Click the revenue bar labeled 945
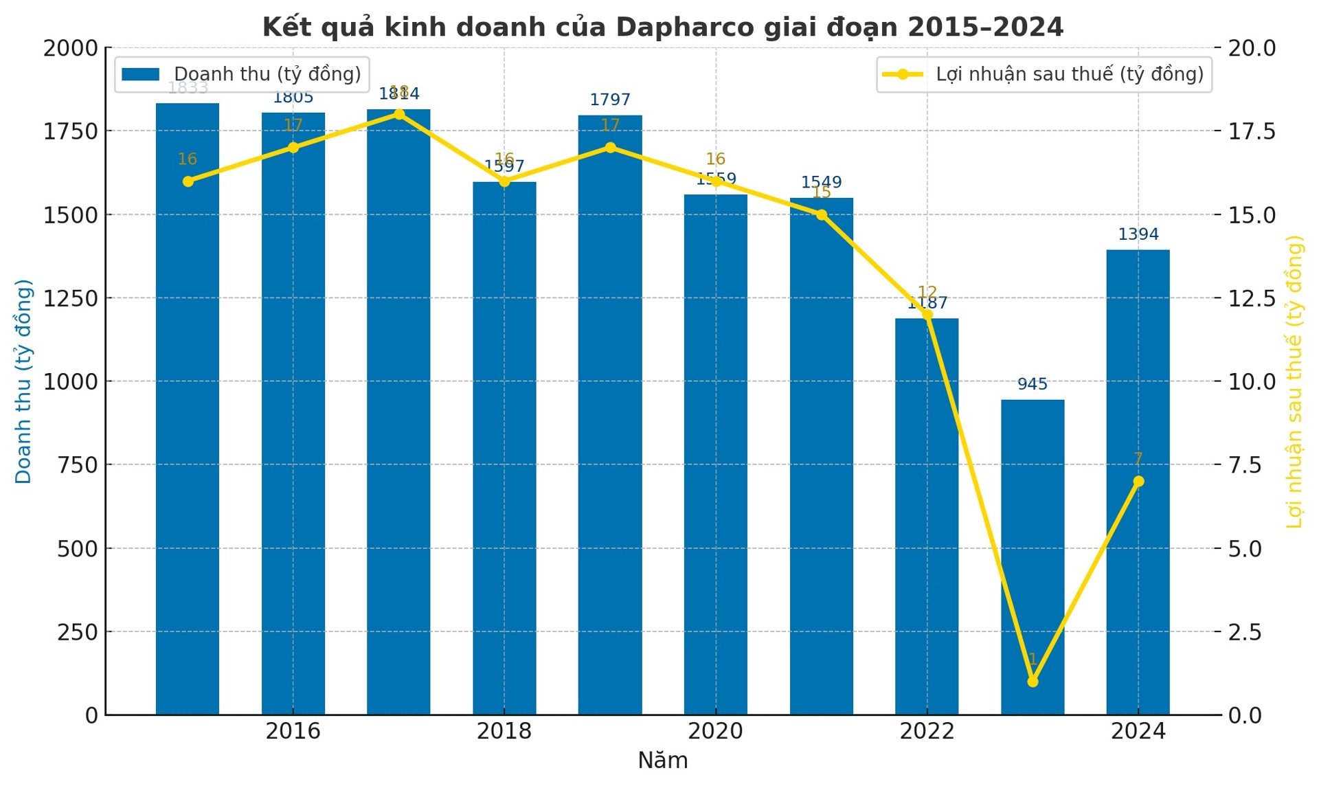coord(1032,557)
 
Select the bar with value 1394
coord(1138,481)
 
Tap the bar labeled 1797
coord(609,412)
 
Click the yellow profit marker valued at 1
coord(1032,682)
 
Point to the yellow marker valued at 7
coord(1138,481)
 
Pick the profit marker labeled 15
coord(821,214)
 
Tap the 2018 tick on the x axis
coord(504,731)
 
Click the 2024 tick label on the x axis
coord(1138,731)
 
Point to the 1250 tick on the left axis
coord(70,298)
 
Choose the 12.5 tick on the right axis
coord(1252,298)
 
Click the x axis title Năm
coord(662,761)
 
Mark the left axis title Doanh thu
coord(23,381)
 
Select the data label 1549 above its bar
coord(821,182)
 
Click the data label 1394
coord(1138,234)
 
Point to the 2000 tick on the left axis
coord(70,48)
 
